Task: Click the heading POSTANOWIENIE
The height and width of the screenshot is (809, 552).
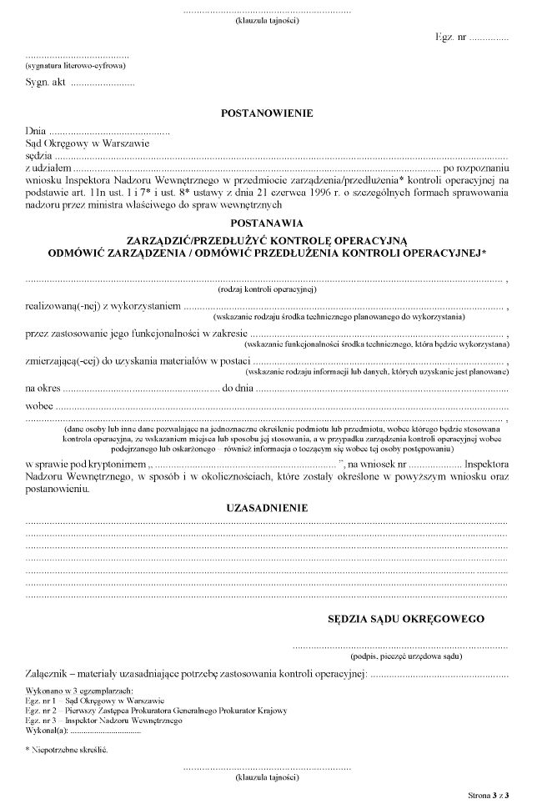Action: pos(266,113)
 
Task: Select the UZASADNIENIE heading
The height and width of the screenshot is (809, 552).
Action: pos(267,507)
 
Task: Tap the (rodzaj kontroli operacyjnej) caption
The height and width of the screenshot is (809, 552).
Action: pos(266,289)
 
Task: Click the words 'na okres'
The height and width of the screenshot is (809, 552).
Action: pos(43,388)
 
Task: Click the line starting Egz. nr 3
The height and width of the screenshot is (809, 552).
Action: pos(104,719)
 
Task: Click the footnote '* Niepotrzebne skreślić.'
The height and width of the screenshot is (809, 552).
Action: pos(67,750)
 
